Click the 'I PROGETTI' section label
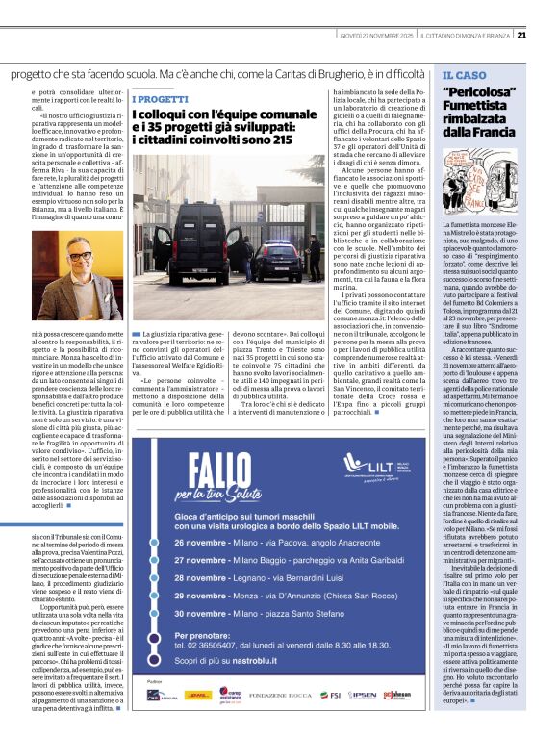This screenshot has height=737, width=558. click(x=160, y=98)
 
